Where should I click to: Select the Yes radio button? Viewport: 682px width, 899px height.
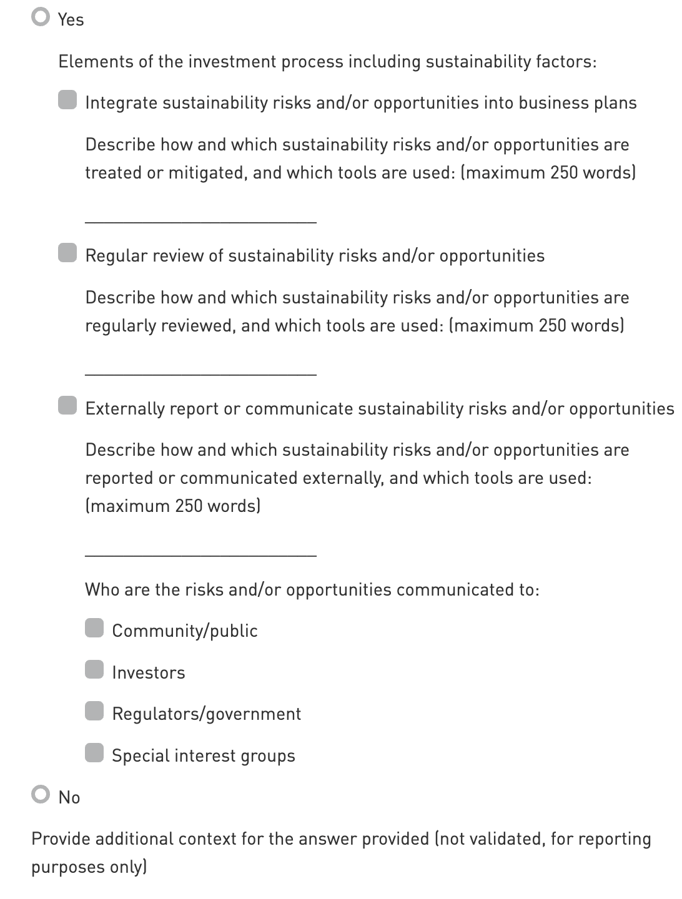click(x=41, y=17)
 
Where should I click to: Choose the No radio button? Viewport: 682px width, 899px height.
click(x=41, y=795)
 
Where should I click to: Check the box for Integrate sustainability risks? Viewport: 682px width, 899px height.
click(x=67, y=100)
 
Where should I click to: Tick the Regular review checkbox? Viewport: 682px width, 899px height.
click(x=67, y=253)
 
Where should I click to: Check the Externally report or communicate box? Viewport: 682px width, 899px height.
click(x=67, y=406)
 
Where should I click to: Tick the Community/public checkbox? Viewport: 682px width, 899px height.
click(x=94, y=628)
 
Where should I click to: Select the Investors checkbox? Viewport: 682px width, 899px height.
click(x=94, y=670)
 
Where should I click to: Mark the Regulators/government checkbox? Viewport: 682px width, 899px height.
click(x=94, y=711)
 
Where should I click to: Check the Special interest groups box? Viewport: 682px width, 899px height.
click(x=94, y=753)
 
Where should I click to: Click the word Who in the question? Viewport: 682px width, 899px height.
click(x=102, y=589)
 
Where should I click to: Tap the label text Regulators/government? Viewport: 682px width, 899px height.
click(x=206, y=714)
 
